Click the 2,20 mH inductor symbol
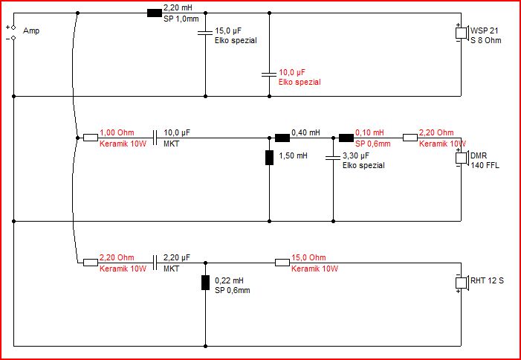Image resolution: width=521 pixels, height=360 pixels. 154,13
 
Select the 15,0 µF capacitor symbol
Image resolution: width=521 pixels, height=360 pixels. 205,33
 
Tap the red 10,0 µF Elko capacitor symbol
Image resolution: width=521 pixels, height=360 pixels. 269,74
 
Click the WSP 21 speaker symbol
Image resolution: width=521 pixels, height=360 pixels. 462,33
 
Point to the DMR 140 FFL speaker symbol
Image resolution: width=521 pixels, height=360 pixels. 462,158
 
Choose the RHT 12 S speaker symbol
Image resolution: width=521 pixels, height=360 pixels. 462,283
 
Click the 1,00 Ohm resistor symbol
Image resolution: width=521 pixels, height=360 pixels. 91,138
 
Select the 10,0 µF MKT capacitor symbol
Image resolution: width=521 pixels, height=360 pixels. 155,138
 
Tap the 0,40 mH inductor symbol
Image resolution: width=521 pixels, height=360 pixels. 282,138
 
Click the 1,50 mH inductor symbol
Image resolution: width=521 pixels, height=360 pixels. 269,158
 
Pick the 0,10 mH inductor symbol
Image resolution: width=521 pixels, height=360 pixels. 346,138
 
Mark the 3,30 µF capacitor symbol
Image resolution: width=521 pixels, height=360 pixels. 333,158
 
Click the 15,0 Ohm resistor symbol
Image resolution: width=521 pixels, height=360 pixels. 282,263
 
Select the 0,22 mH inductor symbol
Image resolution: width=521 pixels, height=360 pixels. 205,283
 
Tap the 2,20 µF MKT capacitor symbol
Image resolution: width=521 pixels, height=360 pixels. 155,263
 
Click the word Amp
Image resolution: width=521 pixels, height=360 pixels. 31,31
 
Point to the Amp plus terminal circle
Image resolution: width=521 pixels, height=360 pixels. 13,28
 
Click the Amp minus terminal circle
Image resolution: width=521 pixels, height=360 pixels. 13,38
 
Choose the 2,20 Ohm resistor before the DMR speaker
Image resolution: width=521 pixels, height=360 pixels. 410,138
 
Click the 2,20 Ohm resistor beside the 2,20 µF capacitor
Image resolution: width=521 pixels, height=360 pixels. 91,263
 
